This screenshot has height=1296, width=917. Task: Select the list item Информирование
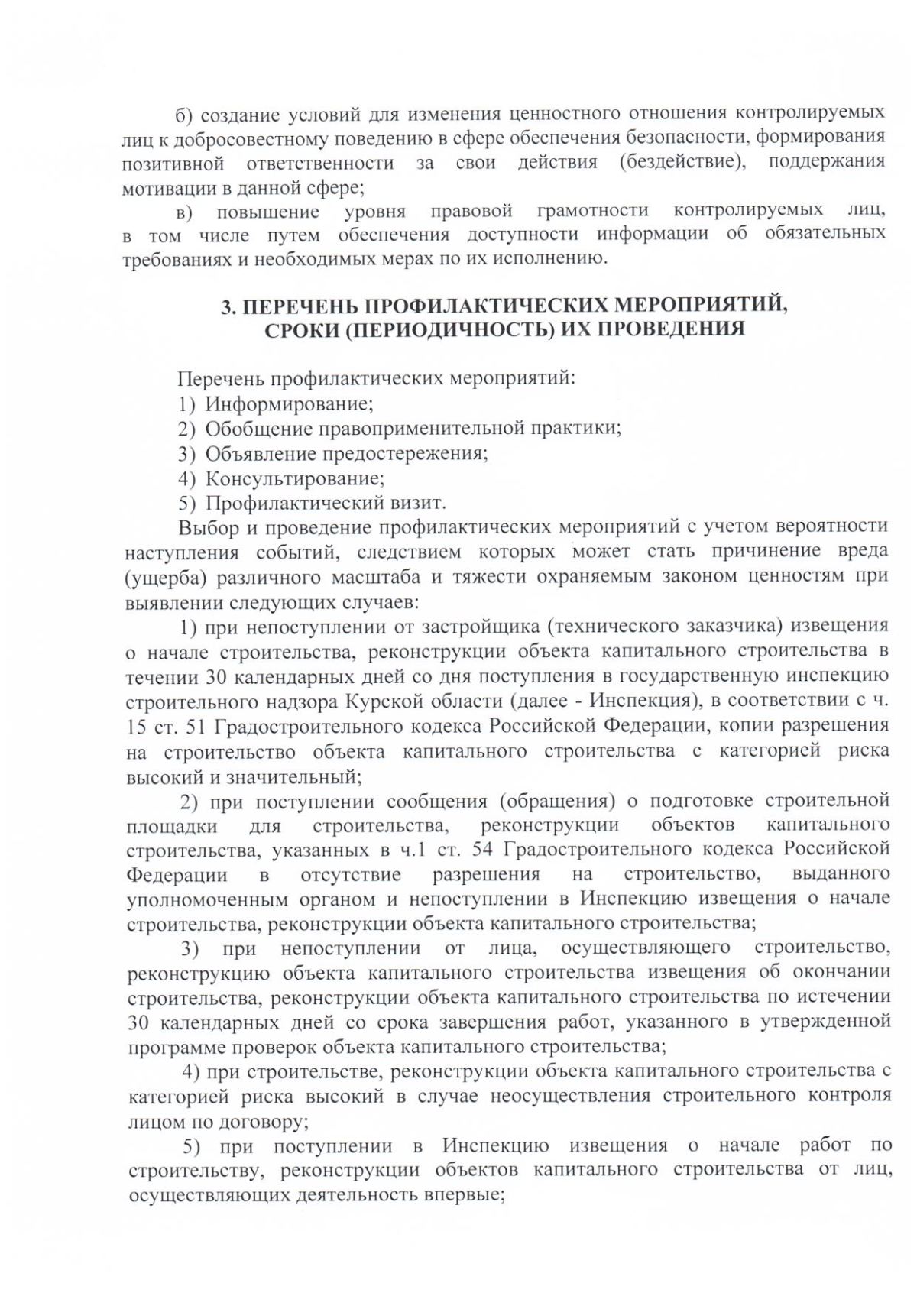click(289, 403)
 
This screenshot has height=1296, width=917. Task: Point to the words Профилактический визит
click(326, 504)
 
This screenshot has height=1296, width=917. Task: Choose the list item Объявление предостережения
click(346, 453)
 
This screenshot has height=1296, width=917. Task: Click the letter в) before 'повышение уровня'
click(186, 211)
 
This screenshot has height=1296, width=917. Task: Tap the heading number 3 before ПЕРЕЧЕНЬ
click(226, 306)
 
